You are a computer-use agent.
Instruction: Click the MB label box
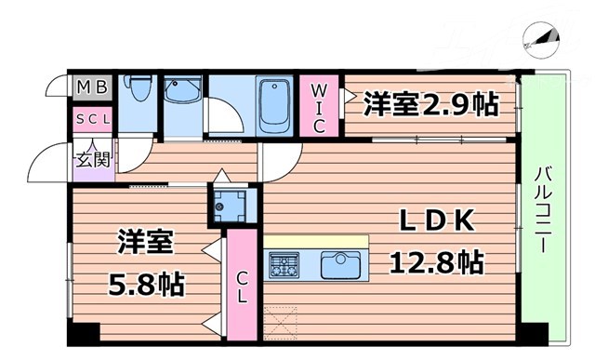(x=93, y=89)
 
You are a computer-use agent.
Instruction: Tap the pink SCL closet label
(x=93, y=119)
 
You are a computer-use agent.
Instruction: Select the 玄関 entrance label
(x=93, y=158)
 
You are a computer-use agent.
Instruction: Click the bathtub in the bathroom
(x=276, y=104)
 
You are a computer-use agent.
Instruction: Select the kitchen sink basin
(x=340, y=265)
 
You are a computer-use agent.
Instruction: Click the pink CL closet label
(x=241, y=287)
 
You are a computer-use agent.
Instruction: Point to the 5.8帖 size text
(x=146, y=282)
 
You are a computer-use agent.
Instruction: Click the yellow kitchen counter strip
(x=316, y=242)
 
